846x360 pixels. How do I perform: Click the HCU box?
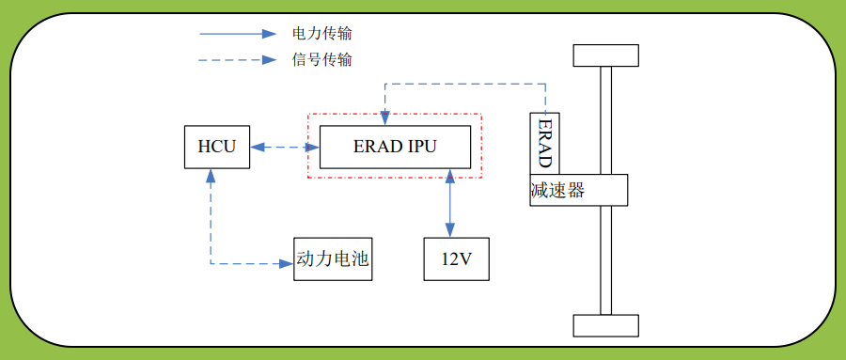(217, 148)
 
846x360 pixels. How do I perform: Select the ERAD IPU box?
(395, 148)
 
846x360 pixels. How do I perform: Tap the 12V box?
(456, 259)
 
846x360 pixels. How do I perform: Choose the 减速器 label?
(557, 191)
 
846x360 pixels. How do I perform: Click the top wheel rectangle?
(605, 55)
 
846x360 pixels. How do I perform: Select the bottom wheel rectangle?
(605, 325)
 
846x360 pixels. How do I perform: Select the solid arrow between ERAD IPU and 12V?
(450, 203)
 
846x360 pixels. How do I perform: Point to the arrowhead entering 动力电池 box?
(288, 264)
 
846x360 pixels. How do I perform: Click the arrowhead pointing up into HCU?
(211, 176)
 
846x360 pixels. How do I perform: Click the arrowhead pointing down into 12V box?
(450, 232)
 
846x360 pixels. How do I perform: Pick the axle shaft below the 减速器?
(605, 259)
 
